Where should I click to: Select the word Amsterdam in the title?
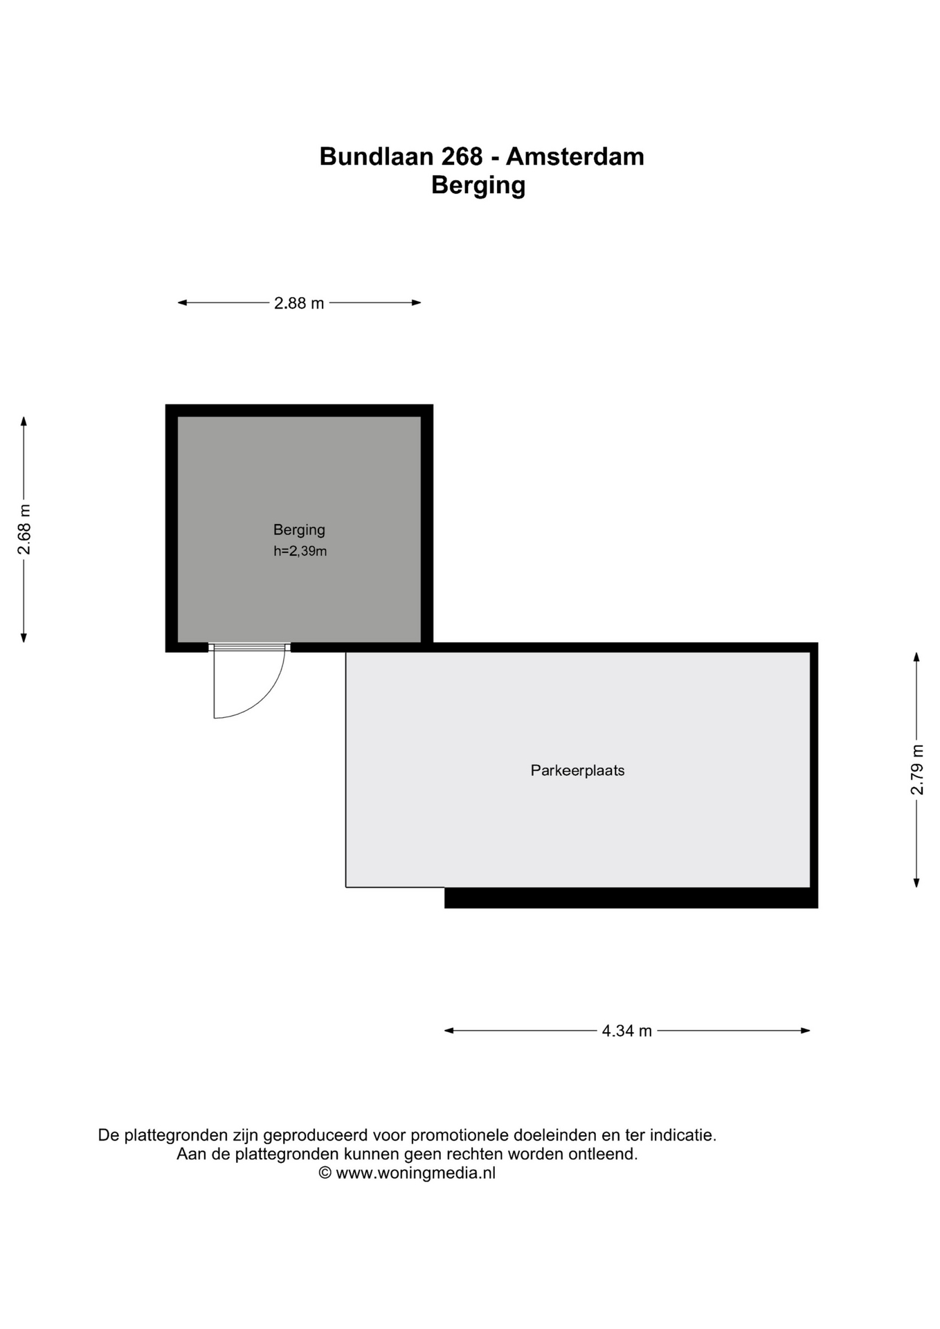point(575,156)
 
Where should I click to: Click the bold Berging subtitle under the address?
point(478,186)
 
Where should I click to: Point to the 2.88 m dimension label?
point(299,303)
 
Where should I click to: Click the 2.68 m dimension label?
point(24,530)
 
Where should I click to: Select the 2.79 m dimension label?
point(916,770)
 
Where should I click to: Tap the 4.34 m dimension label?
point(626,1031)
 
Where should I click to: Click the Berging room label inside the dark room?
point(299,530)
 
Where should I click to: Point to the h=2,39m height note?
point(300,551)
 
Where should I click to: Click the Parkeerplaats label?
point(577,770)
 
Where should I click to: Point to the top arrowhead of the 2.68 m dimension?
point(24,422)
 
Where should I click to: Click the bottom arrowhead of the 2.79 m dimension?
point(916,883)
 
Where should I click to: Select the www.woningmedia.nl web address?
point(416,1173)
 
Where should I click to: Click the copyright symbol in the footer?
point(325,1173)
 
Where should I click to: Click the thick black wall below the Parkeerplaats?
point(631,898)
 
